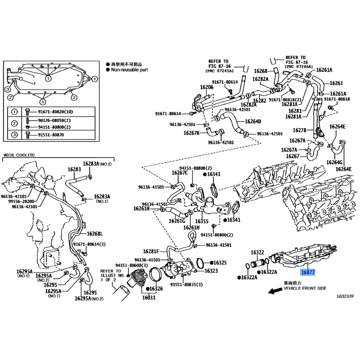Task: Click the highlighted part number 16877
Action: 308,273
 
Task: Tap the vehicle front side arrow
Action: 275,291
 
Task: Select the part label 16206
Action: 207,87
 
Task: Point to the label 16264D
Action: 253,121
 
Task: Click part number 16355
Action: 202,221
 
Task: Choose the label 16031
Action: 149,297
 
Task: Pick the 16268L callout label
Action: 95,234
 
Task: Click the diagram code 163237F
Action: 345,297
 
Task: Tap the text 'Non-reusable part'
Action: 130,70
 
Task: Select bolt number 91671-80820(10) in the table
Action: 55,112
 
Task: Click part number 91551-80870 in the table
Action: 51,135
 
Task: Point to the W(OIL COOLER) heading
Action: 19,155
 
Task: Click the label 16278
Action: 299,130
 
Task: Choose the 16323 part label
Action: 211,271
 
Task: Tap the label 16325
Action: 220,263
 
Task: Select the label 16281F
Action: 151,252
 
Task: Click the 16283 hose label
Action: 74,170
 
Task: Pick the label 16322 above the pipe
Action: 257,252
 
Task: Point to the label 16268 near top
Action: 261,71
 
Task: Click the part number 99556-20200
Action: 21,201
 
